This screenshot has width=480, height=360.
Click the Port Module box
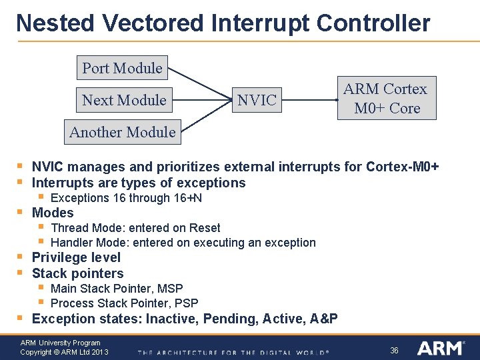coord(122,68)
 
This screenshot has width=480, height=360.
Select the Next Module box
coord(124,100)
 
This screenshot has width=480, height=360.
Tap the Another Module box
coord(123,132)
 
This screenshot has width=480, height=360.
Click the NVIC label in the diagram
coord(257,100)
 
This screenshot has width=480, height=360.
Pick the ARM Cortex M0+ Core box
coord(385,99)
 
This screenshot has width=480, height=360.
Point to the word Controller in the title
coord(373,23)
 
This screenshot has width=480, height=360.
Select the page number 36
coord(394,351)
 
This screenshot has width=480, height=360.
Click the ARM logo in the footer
coord(439,348)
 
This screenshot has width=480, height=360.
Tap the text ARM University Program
coord(60,343)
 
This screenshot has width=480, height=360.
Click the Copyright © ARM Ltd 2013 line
coord(64,352)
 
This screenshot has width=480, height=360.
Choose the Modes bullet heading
coord(53,213)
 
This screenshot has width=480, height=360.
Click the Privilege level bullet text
coord(76,257)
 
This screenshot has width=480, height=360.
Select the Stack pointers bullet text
coord(77,273)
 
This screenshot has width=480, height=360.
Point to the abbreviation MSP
coord(171,289)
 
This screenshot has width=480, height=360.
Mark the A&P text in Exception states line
coord(324,319)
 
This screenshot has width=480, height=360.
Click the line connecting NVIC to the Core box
coord(311,100)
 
